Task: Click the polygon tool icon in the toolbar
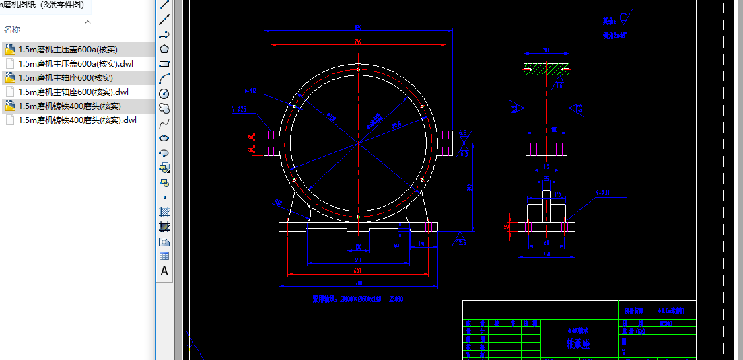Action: click(164, 49)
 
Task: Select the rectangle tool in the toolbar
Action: click(164, 64)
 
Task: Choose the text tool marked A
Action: click(164, 271)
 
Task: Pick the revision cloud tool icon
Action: click(164, 108)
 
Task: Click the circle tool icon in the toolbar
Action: click(164, 94)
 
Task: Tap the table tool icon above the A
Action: click(164, 256)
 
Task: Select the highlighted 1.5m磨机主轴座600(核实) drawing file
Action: click(65, 78)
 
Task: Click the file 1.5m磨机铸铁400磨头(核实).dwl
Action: click(77, 120)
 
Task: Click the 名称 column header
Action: click(12, 30)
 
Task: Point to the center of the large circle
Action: click(358, 143)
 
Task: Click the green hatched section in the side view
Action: click(546, 69)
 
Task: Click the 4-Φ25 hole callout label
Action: click(239, 108)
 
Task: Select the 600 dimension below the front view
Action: click(357, 271)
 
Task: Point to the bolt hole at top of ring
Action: click(358, 69)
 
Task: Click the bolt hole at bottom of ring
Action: click(358, 217)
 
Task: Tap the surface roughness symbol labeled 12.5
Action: click(461, 238)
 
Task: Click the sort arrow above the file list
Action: click(87, 22)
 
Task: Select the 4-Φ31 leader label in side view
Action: click(602, 193)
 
